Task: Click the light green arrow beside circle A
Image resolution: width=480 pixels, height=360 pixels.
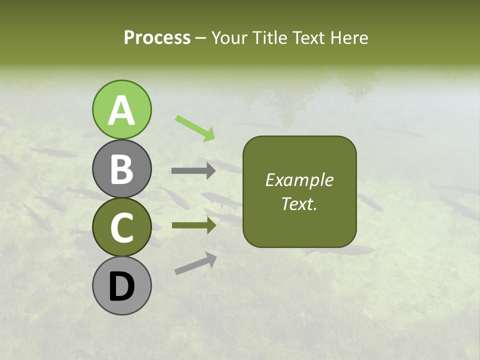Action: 195,127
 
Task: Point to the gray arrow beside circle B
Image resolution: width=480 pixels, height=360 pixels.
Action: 193,171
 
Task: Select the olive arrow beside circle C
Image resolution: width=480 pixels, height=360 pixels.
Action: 193,225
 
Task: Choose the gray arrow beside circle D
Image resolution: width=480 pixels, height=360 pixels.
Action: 195,263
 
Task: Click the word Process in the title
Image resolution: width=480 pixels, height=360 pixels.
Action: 157,37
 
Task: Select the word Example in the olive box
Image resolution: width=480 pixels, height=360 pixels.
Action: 299,180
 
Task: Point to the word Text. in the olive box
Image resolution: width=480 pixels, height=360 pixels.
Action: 299,203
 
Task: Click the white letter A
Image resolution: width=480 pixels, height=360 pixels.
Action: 121,111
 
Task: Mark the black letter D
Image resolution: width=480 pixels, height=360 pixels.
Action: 121,287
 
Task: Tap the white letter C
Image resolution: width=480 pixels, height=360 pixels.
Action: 121,228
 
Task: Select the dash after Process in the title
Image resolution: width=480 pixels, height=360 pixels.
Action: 201,38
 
